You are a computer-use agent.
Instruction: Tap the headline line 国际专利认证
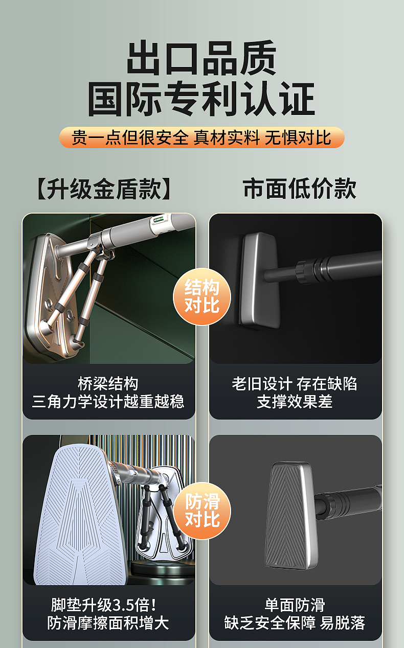click(x=201, y=99)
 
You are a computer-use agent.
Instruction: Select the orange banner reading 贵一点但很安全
click(x=201, y=137)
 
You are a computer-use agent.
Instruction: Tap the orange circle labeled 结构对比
click(x=202, y=296)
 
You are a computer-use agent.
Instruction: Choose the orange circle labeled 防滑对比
click(x=202, y=511)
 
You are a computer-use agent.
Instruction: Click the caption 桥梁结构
click(x=108, y=383)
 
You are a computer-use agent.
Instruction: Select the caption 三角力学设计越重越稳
click(x=108, y=402)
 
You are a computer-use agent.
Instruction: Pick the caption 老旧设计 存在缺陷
click(x=295, y=383)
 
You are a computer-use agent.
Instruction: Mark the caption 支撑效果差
click(x=295, y=402)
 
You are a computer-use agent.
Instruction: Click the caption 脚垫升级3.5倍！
click(x=104, y=605)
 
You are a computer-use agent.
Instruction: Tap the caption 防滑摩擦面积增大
click(x=108, y=623)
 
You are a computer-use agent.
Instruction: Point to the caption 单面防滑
click(x=295, y=605)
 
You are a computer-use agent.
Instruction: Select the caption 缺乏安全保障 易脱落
click(x=295, y=623)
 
